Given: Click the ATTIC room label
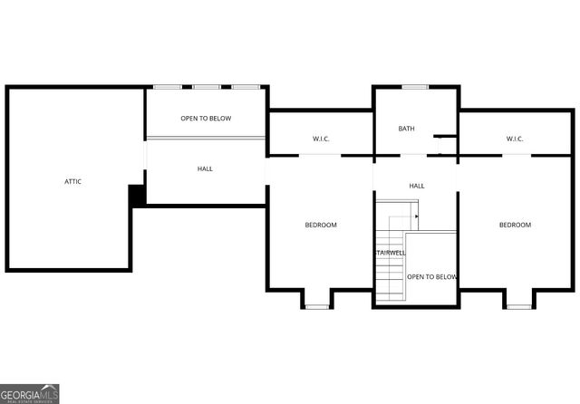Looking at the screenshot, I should click(73, 181).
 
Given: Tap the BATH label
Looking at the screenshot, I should click(407, 129).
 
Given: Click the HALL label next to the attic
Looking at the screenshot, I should click(206, 169).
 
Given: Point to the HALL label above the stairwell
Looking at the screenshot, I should click(417, 186).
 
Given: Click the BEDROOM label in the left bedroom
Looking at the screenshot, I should click(320, 225).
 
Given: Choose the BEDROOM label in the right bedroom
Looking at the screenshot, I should click(515, 225).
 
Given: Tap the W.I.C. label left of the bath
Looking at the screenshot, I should click(321, 139).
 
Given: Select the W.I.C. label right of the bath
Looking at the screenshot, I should click(515, 139).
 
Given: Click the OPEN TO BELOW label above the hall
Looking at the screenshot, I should click(206, 119).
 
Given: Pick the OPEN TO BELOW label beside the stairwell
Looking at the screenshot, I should click(431, 276).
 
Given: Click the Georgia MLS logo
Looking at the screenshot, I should click(30, 393).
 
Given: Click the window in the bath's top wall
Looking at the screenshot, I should click(415, 87).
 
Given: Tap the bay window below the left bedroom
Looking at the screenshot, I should click(315, 306).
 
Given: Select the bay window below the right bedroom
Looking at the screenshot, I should click(517, 306).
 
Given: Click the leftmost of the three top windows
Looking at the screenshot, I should click(167, 87).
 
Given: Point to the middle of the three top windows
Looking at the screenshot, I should click(206, 87).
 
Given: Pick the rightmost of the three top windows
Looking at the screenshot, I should click(245, 87).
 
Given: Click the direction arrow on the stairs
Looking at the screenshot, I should click(416, 216).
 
